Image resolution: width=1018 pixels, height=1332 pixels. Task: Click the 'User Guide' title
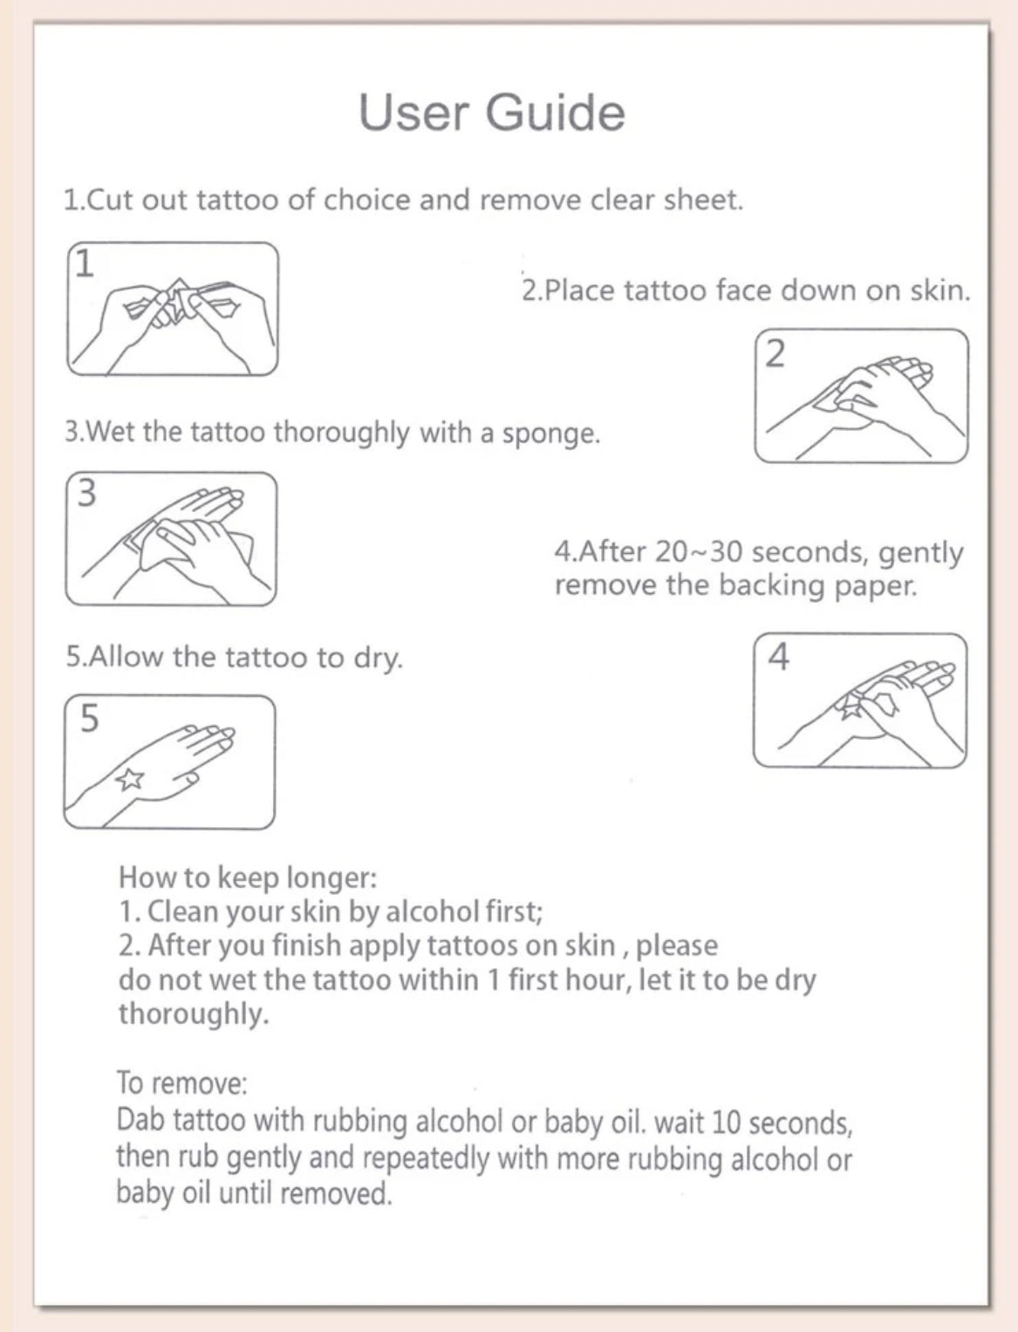pos(491,113)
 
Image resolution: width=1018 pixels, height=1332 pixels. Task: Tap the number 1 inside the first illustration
pos(85,263)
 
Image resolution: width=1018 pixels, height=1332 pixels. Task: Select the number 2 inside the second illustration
pos(775,353)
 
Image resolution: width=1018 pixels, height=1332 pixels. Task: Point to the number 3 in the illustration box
pos(86,493)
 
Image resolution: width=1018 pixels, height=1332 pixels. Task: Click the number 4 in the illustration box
pos(778,657)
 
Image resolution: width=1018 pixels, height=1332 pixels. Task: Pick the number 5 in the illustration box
pos(89,719)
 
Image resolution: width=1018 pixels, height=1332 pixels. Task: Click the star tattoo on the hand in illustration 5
pos(130,778)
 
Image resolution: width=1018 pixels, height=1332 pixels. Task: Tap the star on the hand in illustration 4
pos(849,707)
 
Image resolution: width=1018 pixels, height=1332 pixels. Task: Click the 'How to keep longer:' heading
pos(248,877)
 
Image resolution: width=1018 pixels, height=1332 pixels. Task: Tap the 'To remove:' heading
pos(182,1083)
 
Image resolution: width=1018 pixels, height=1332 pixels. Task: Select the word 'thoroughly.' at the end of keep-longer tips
pos(194,1014)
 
